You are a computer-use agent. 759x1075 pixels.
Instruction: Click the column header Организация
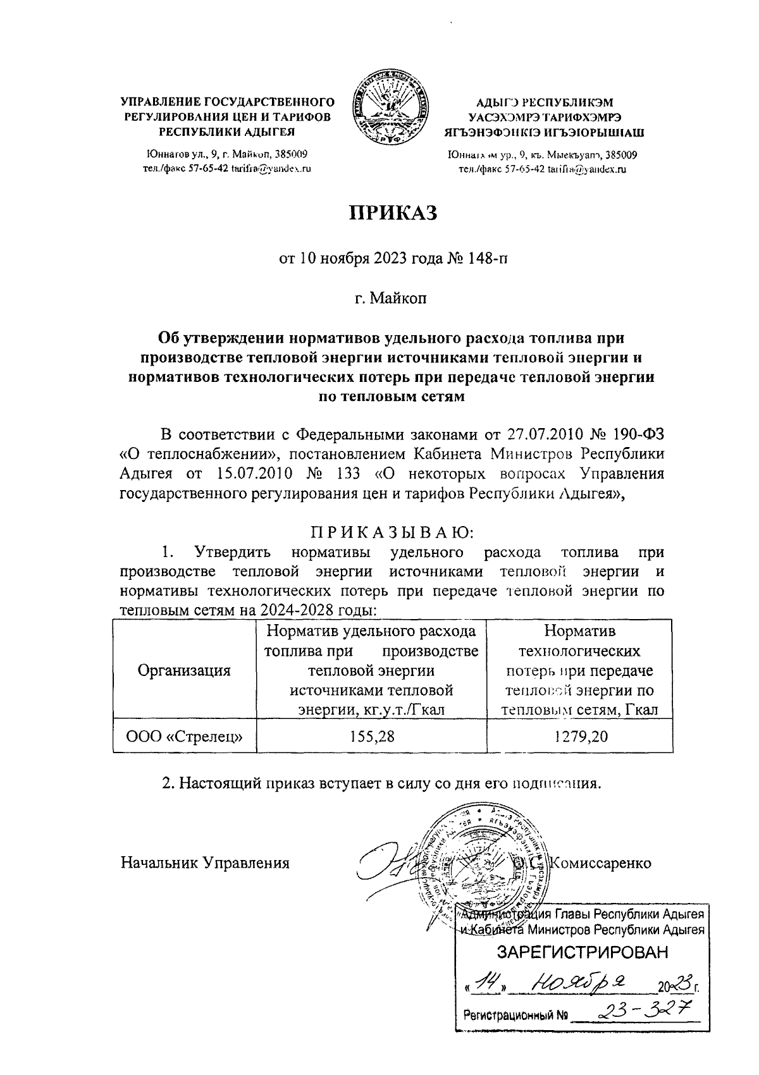(184, 671)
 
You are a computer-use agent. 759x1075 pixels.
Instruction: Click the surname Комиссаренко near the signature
(602, 863)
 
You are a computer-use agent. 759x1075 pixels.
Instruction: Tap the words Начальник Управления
(205, 863)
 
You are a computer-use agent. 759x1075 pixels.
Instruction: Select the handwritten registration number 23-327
(639, 1010)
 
